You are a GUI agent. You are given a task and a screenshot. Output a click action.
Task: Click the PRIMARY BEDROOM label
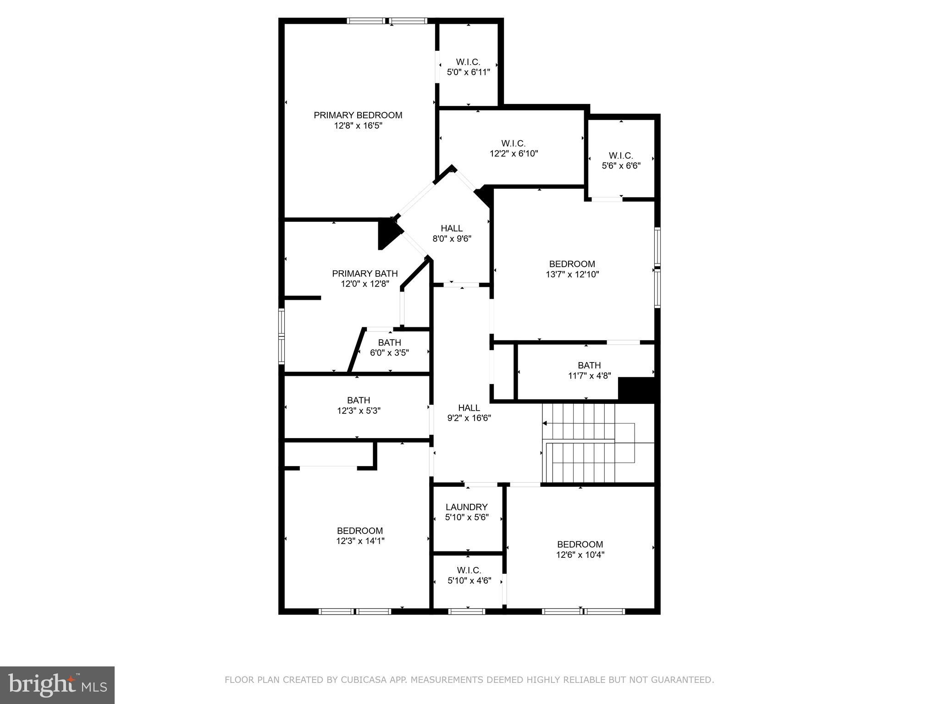click(358, 115)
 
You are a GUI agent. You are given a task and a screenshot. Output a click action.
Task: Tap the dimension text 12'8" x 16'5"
click(358, 126)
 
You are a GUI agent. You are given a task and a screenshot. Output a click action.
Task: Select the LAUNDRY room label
click(466, 507)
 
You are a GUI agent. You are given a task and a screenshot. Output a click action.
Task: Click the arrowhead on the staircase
click(545, 423)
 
